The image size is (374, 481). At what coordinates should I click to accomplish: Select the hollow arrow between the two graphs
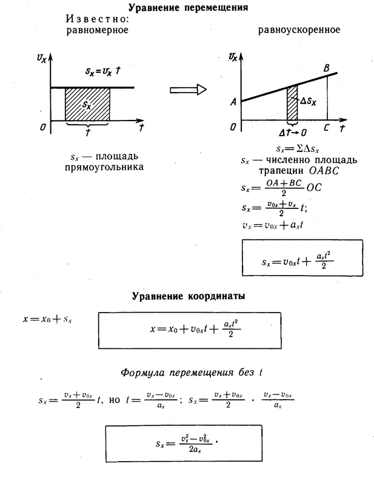(188, 90)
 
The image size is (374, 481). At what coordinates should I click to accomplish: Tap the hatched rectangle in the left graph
(87, 104)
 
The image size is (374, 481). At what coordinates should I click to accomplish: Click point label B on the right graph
(327, 67)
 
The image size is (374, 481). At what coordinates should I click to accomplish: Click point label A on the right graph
(233, 103)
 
